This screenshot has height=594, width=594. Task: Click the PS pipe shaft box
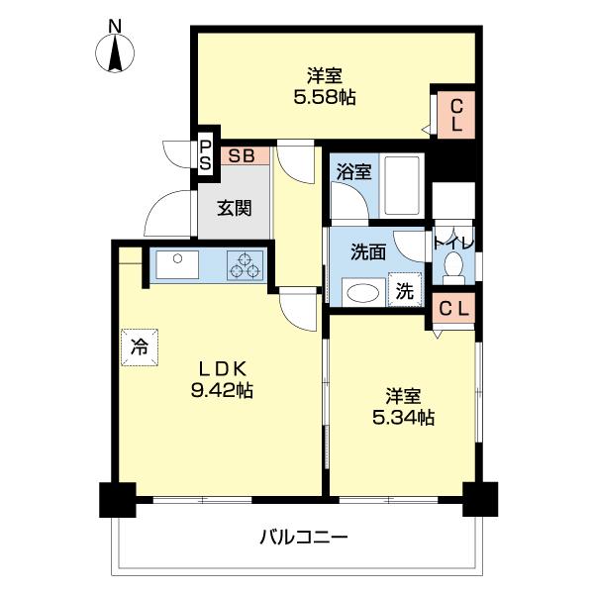[x=206, y=156]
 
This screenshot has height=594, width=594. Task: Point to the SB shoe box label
[x=240, y=155]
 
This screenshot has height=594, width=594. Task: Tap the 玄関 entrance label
[x=235, y=208]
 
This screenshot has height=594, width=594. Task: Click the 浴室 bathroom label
[x=353, y=171]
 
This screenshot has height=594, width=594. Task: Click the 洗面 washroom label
[x=367, y=251]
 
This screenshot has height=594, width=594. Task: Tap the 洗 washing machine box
[x=405, y=291]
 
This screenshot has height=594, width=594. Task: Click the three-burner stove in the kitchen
[x=246, y=265]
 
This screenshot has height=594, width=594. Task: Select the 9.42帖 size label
[x=221, y=390]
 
